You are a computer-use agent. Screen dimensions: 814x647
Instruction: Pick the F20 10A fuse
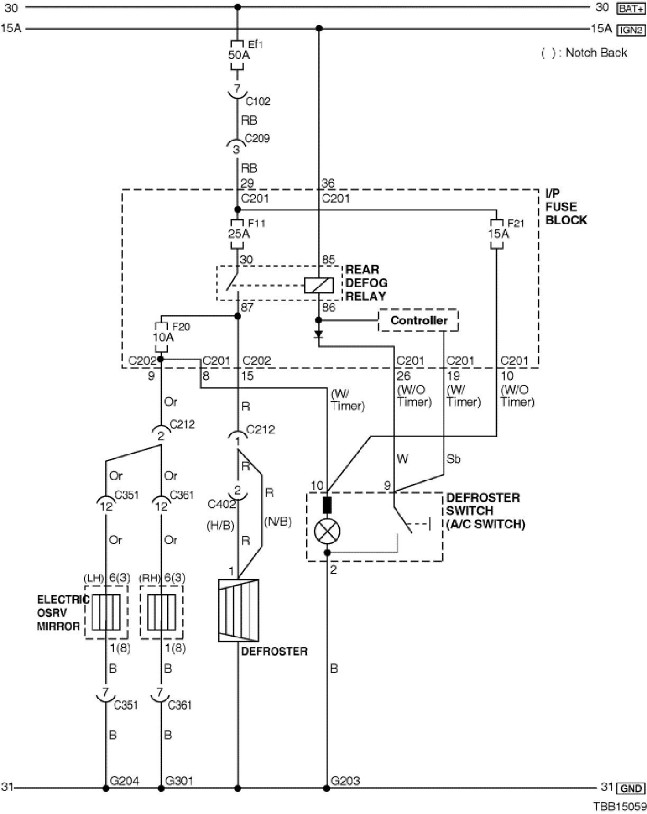click(162, 337)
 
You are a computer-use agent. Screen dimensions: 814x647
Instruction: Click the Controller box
click(418, 321)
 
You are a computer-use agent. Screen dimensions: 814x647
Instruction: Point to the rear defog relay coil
click(318, 286)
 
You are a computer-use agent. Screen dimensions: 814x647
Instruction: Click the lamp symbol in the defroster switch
click(327, 531)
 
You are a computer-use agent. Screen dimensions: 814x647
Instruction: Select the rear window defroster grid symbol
click(239, 610)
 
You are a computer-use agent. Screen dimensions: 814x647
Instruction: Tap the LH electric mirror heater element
click(106, 612)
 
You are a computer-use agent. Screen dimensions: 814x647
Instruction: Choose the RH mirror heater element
click(161, 612)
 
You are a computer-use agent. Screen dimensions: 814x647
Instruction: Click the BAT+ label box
click(631, 8)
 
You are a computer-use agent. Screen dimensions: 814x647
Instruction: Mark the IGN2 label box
click(631, 30)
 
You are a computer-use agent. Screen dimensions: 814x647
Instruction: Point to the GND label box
click(631, 788)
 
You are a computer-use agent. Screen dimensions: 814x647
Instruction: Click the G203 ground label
click(345, 781)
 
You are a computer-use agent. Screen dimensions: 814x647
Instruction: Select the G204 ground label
click(124, 781)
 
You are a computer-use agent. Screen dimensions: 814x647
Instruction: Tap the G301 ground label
click(179, 781)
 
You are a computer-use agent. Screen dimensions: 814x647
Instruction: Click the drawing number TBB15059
click(619, 806)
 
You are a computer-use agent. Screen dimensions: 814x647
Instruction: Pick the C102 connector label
click(258, 101)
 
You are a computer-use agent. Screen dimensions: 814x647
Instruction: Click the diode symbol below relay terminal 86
click(318, 335)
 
